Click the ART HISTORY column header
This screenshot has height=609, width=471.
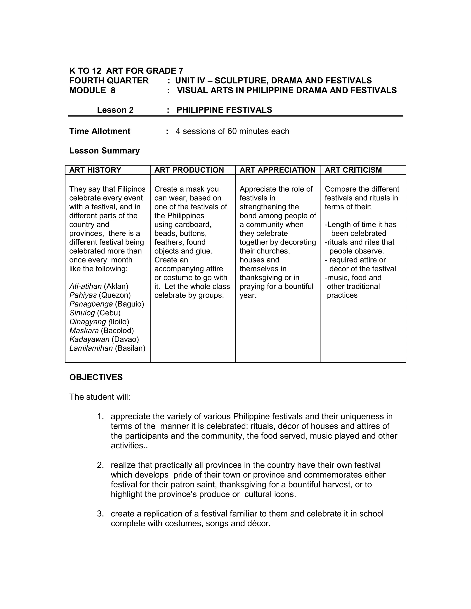(x=95, y=170)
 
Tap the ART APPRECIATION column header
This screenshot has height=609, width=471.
(x=277, y=170)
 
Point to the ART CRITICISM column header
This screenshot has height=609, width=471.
(x=353, y=170)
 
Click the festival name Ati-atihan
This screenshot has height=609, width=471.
(x=85, y=286)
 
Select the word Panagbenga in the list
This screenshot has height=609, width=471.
(x=91, y=304)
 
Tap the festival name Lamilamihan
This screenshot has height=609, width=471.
(x=91, y=348)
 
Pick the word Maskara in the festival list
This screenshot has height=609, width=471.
(x=84, y=330)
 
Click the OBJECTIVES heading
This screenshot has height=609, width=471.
(x=96, y=377)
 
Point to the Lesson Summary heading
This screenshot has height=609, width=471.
(x=104, y=151)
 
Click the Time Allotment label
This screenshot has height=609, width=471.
(x=100, y=131)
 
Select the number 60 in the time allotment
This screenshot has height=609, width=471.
(x=232, y=131)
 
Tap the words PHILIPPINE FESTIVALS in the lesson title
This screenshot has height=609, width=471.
(x=224, y=110)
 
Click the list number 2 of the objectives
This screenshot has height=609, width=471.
(x=100, y=465)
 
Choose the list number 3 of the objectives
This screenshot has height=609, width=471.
(x=100, y=514)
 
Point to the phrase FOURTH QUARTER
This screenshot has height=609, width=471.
(x=109, y=81)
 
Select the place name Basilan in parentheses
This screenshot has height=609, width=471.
(x=130, y=348)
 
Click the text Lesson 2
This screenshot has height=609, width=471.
(x=115, y=110)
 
